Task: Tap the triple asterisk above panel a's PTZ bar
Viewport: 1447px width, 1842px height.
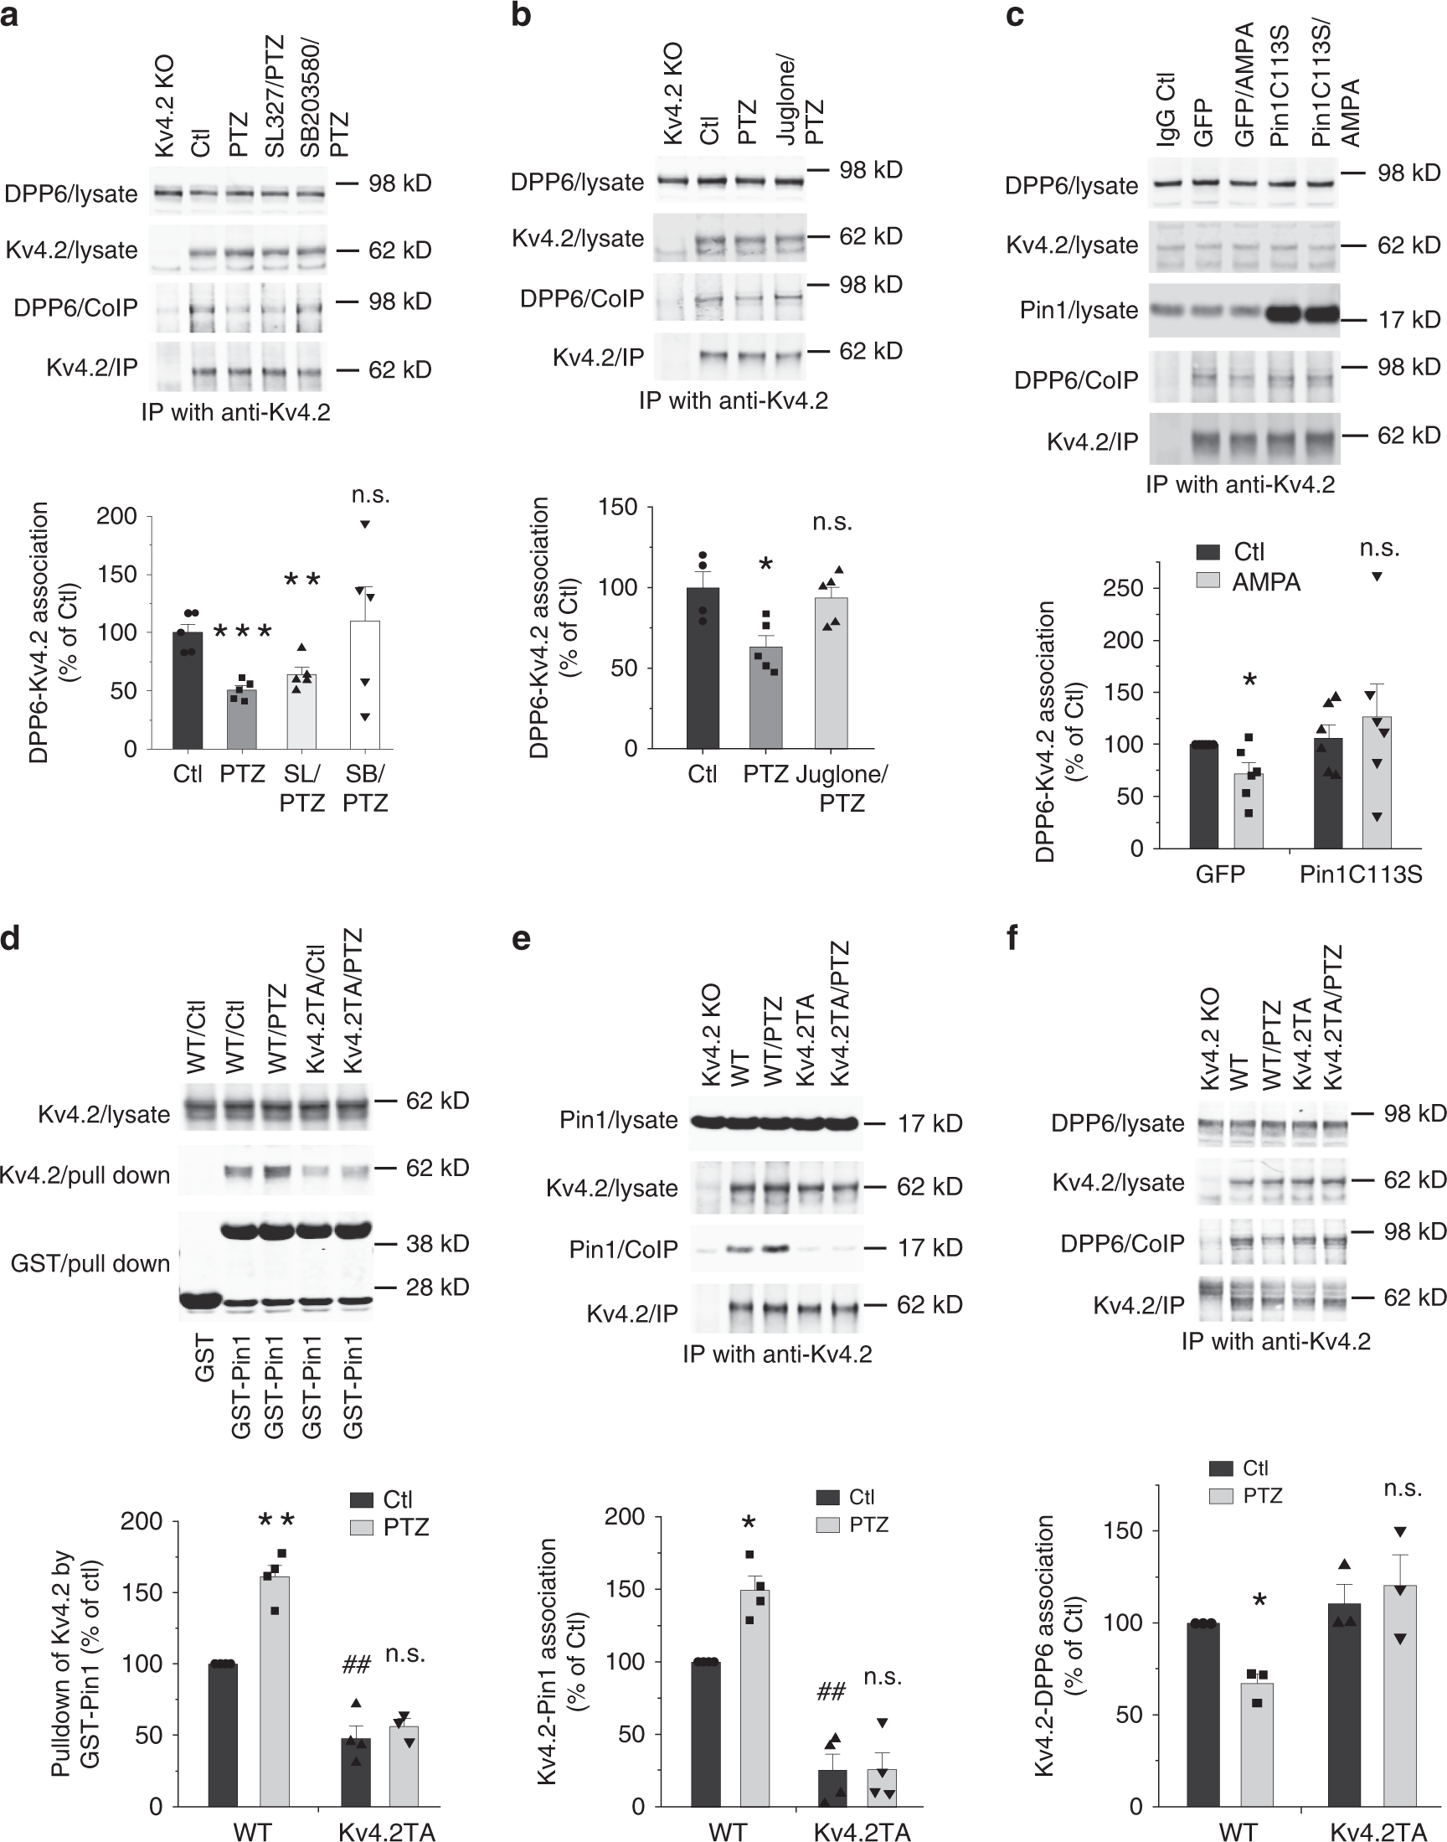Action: (242, 632)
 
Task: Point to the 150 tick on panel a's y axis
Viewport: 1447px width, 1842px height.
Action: (117, 575)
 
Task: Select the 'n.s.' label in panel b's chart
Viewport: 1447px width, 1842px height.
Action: (832, 522)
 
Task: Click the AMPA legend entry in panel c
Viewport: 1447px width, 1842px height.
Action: (1248, 582)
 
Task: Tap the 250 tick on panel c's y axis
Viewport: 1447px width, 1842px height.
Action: (1124, 588)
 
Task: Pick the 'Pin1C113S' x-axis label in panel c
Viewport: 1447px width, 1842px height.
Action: (1361, 875)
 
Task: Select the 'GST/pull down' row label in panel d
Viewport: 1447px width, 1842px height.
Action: (90, 1263)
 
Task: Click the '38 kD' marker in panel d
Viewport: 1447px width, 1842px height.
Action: (437, 1243)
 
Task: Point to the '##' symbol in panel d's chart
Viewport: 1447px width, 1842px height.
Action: (356, 1666)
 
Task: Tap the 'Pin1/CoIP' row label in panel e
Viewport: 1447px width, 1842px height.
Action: (624, 1249)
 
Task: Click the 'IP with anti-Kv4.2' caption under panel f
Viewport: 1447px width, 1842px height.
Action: (1276, 1341)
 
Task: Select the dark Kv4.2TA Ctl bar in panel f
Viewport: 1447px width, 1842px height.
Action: (1344, 1711)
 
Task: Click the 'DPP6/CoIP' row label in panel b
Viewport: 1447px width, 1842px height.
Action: (582, 298)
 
